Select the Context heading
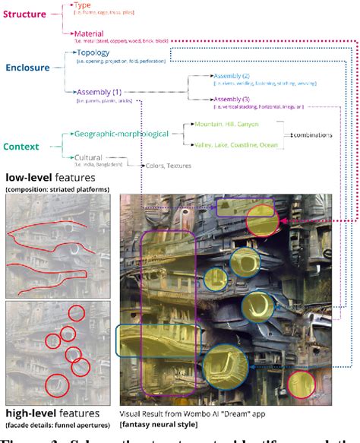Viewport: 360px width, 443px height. click(21, 146)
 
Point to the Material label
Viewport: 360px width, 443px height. click(89, 34)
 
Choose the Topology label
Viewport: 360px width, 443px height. click(93, 52)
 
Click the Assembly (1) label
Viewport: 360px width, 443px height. click(99, 91)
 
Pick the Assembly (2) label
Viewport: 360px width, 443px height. click(228, 75)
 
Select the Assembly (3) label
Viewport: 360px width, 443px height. click(228, 100)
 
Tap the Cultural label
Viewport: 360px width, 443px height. click(87, 157)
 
